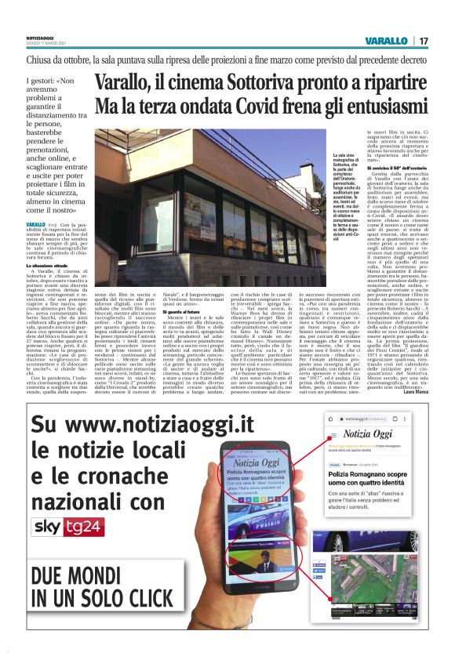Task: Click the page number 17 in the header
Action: [x=423, y=40]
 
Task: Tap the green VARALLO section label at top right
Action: [x=387, y=40]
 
